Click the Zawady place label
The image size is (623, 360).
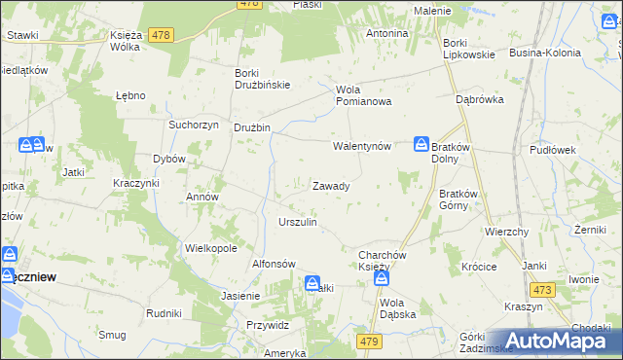click(x=331, y=185)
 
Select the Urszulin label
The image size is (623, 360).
click(x=298, y=222)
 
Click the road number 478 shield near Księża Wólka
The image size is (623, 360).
click(x=162, y=35)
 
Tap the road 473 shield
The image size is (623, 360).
click(x=542, y=290)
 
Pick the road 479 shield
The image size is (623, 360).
click(x=369, y=341)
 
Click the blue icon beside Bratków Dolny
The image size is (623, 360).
click(x=421, y=144)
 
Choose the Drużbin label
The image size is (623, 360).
click(x=251, y=127)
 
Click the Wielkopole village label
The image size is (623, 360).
click(x=211, y=248)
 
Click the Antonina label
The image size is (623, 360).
click(x=386, y=33)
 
